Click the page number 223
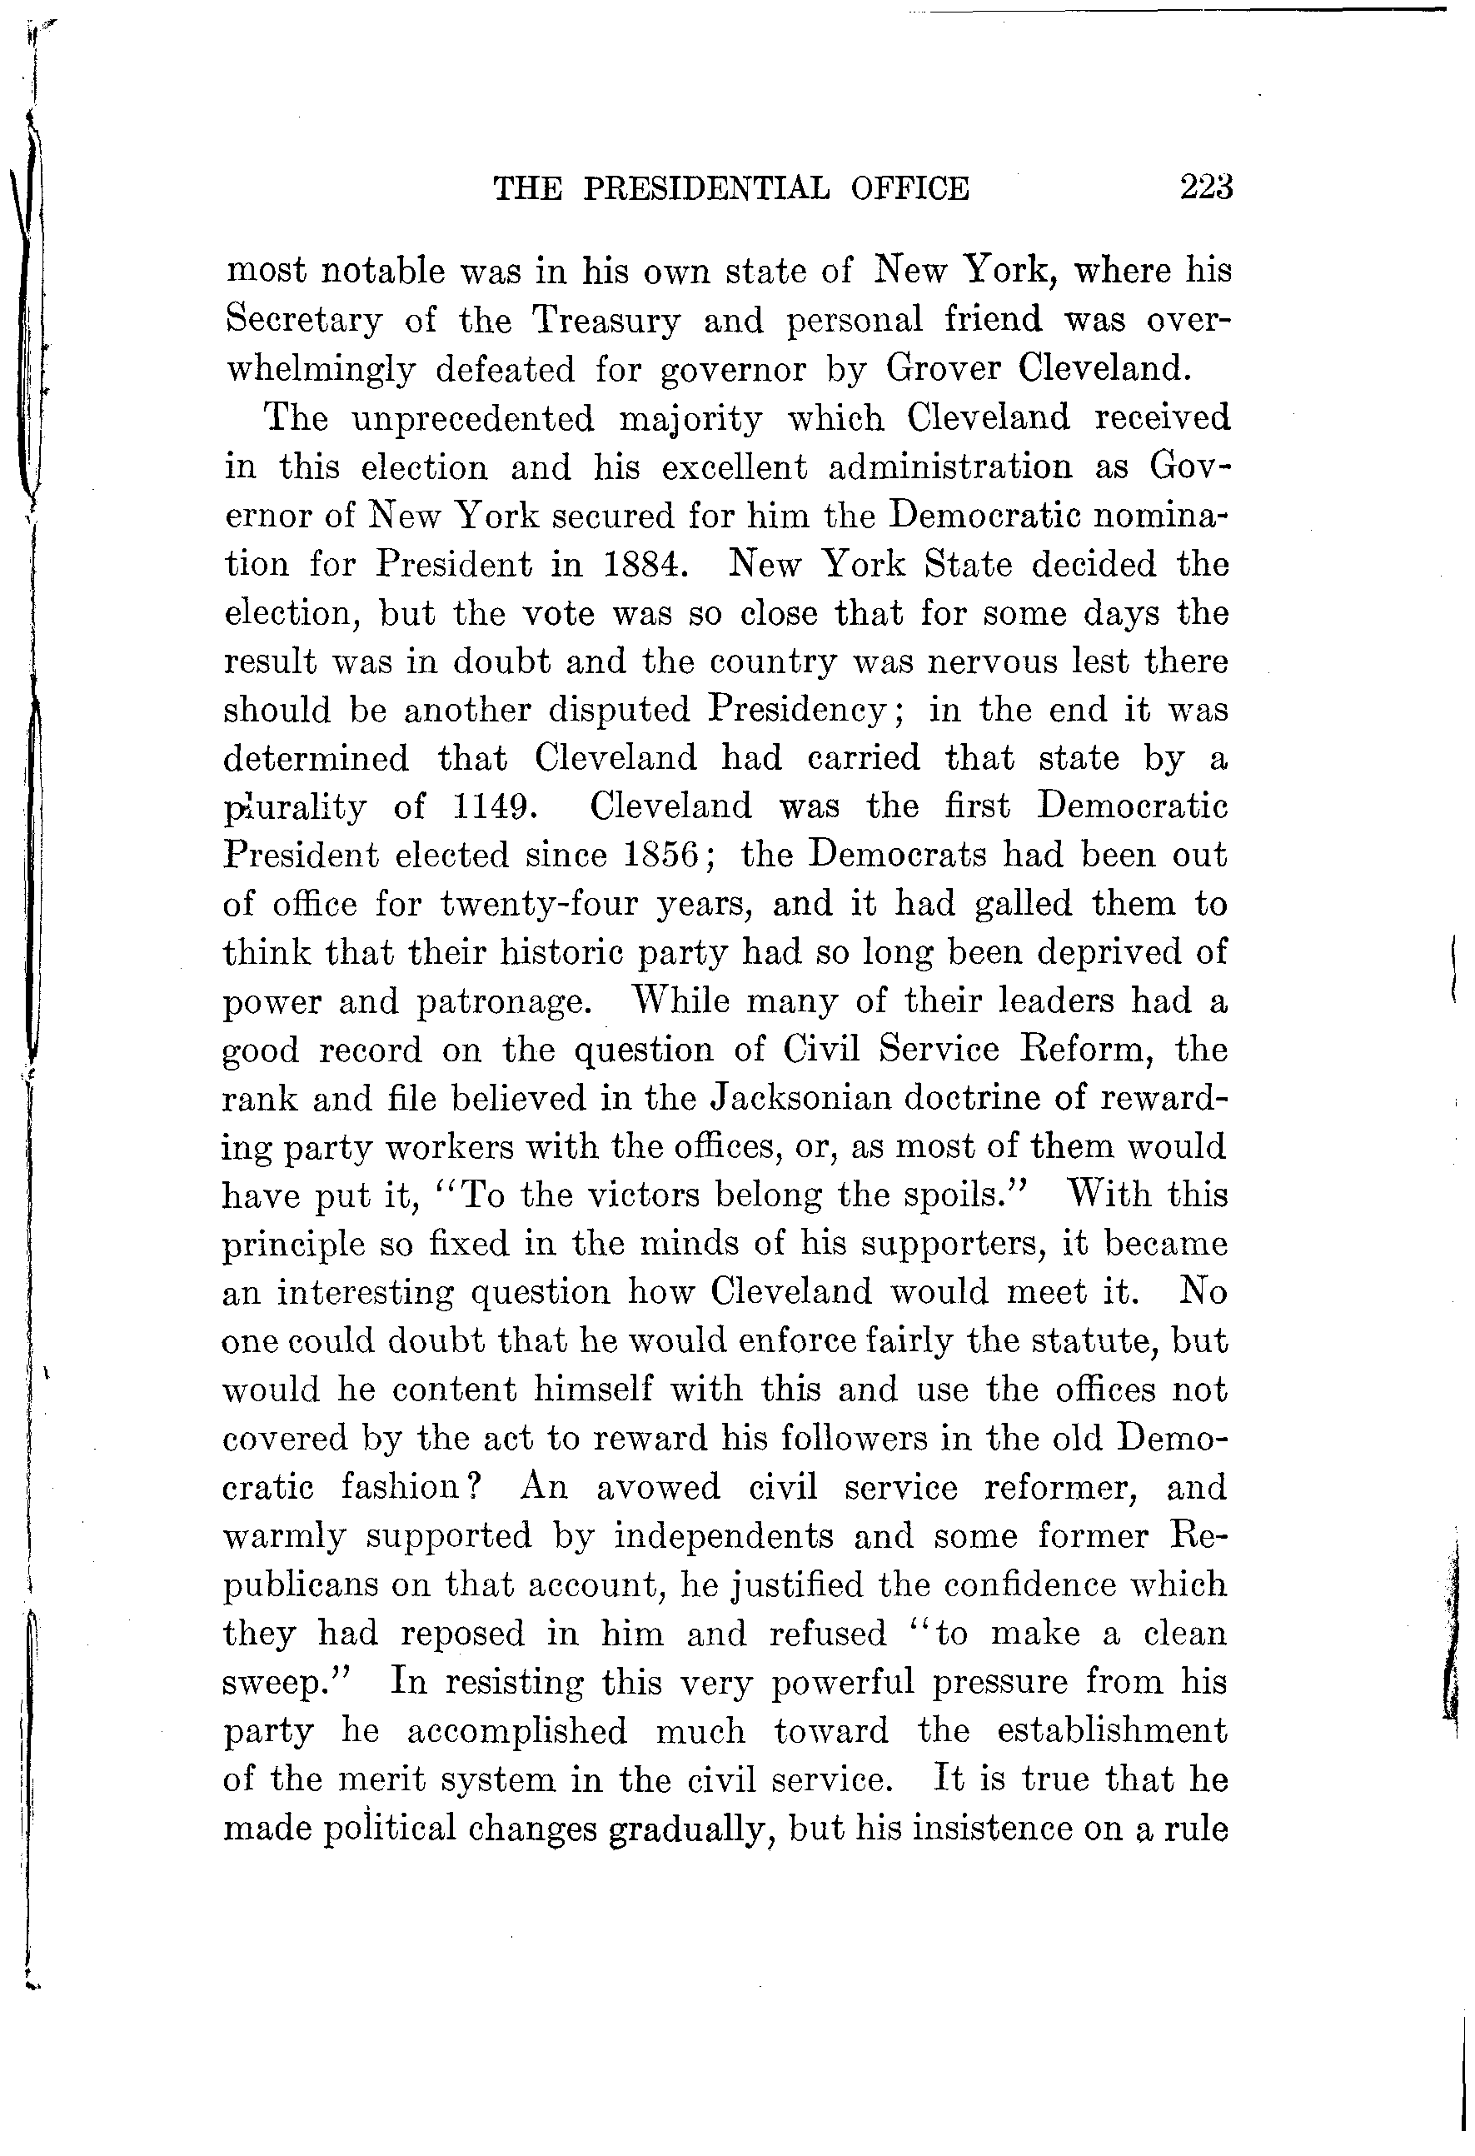coord(1205,188)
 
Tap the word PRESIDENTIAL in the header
coord(710,189)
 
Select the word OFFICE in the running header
coord(909,189)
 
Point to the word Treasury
coord(606,320)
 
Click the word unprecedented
coord(473,419)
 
